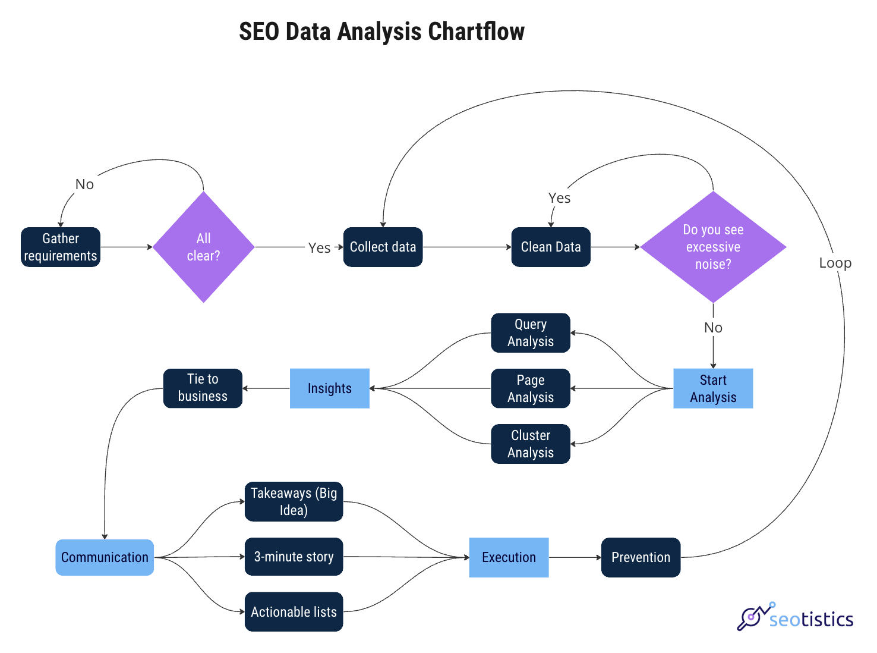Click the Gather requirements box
point(61,247)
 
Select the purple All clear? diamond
point(204,247)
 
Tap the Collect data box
point(383,247)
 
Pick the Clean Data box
point(551,247)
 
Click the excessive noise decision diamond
point(713,247)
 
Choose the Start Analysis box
point(713,388)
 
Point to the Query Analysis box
point(531,333)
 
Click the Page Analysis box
point(531,388)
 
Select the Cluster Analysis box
point(531,444)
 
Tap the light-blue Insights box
point(330,388)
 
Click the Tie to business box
point(203,388)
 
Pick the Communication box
point(105,557)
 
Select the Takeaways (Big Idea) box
point(294,501)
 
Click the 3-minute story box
point(294,557)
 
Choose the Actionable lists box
point(294,611)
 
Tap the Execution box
point(509,557)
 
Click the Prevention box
point(641,557)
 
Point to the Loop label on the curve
point(835,263)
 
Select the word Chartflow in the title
point(476,32)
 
